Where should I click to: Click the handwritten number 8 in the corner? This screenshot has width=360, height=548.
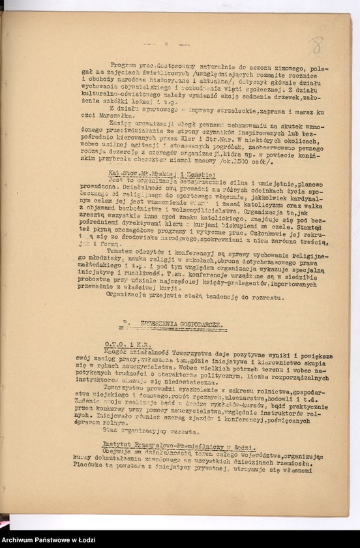316,45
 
